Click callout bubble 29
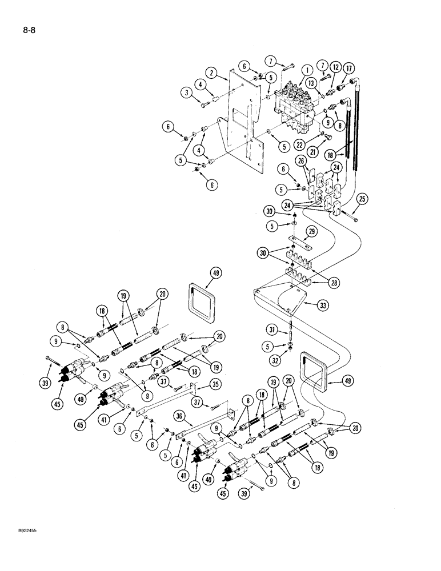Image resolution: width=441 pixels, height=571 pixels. (x=311, y=230)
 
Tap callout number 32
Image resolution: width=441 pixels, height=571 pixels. (x=274, y=361)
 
